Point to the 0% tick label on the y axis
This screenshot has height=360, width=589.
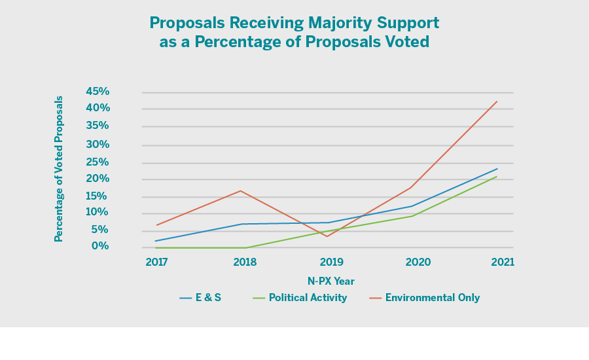tap(100, 246)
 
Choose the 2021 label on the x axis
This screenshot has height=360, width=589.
tap(503, 262)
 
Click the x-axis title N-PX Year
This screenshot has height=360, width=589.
tap(330, 281)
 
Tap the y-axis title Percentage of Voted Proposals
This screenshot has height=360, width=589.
tap(59, 169)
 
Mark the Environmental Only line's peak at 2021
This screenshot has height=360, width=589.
tap(497, 101)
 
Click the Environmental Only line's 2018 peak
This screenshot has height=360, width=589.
tap(241, 190)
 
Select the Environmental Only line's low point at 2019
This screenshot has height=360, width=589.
tap(327, 236)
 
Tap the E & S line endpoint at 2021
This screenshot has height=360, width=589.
tap(497, 169)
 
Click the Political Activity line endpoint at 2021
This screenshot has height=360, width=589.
tap(497, 177)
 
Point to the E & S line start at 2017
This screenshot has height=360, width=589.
tap(156, 241)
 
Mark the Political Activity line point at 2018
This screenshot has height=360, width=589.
tap(245, 247)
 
